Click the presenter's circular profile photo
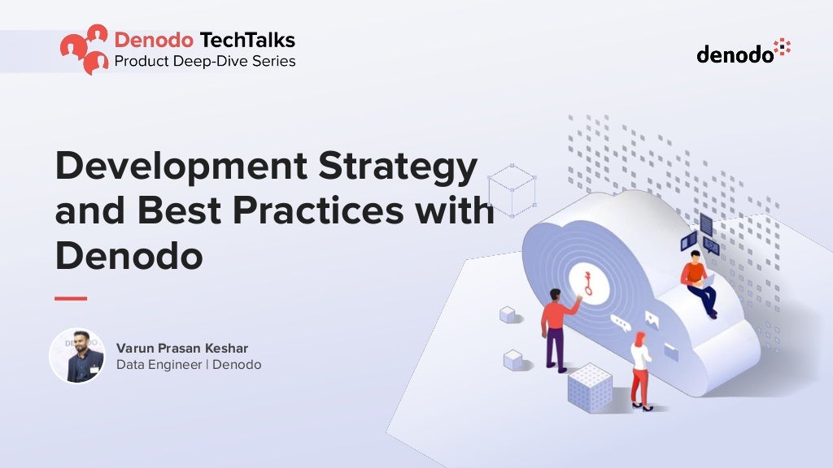(77, 356)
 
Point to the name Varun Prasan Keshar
(182, 349)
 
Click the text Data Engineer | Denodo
(189, 365)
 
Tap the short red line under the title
(71, 299)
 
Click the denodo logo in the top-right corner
(744, 52)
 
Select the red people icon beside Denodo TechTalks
(85, 49)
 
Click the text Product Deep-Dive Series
(204, 61)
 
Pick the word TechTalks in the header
(249, 40)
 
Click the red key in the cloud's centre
(587, 282)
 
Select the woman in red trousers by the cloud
(641, 370)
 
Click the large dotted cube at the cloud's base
(590, 388)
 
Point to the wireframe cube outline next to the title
(512, 190)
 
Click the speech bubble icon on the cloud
(621, 324)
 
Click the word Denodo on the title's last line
(129, 256)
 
